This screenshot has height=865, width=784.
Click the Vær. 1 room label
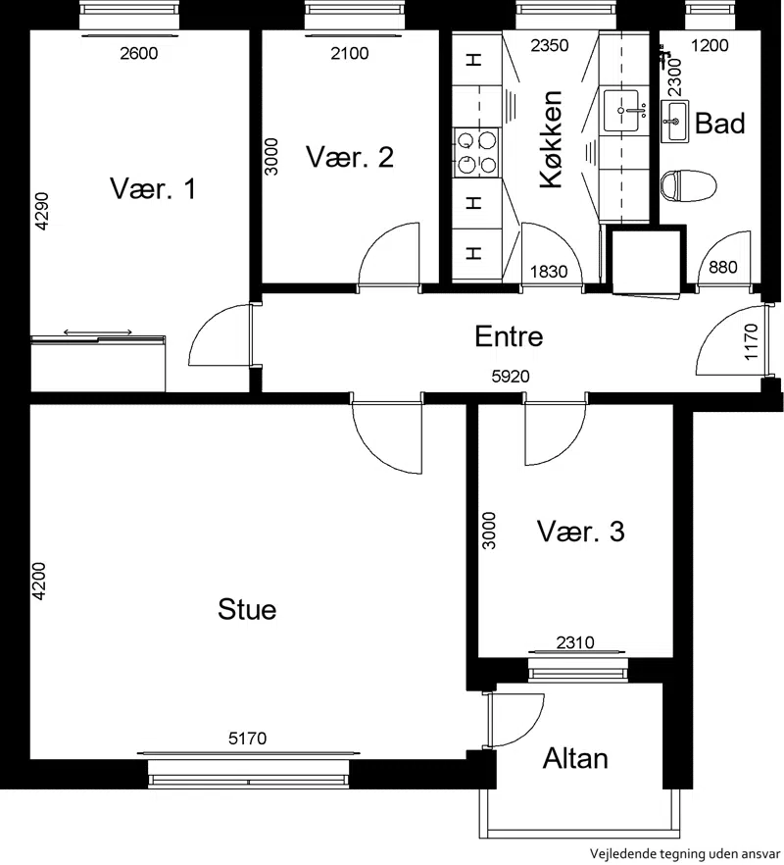(153, 188)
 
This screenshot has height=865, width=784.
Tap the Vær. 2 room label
(350, 157)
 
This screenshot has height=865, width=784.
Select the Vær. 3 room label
(580, 532)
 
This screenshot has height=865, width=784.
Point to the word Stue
(247, 610)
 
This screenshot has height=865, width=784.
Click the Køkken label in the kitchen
(551, 139)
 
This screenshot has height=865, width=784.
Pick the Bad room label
(720, 123)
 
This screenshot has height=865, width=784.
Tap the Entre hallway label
(509, 336)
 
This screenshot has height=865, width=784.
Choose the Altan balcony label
(575, 758)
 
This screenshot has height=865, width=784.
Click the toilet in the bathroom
(689, 185)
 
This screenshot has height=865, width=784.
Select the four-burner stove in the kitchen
(477, 152)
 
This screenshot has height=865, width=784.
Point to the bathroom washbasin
(675, 122)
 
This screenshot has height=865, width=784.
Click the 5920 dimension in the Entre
(511, 377)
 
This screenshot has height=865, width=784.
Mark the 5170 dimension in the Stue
(248, 738)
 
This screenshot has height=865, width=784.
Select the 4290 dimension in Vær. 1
(42, 211)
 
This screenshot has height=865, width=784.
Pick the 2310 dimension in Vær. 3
(575, 642)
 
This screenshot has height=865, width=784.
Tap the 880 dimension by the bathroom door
(723, 267)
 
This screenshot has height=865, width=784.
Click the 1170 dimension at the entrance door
(752, 341)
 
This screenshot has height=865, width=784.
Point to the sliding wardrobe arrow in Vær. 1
(98, 332)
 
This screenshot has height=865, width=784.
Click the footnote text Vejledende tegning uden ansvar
(685, 853)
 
